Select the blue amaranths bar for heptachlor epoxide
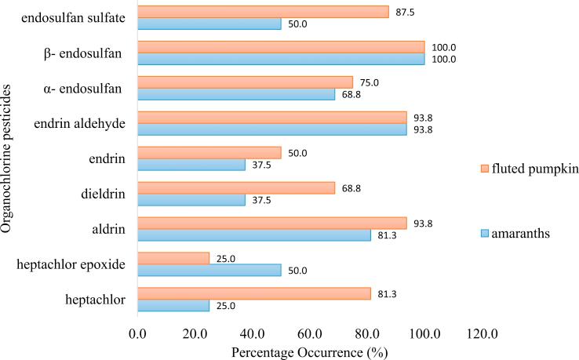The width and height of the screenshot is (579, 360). (x=209, y=270)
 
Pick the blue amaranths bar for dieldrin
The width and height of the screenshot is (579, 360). (x=191, y=199)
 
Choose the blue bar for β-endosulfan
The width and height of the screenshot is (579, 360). (x=281, y=59)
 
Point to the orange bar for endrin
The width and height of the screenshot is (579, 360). (x=209, y=152)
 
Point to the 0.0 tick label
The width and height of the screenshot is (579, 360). (x=138, y=335)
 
